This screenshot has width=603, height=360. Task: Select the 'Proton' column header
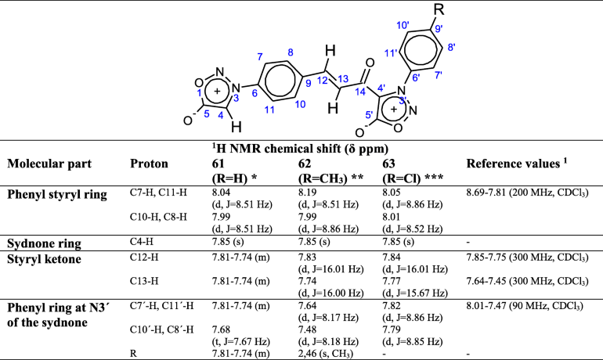point(148,163)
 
